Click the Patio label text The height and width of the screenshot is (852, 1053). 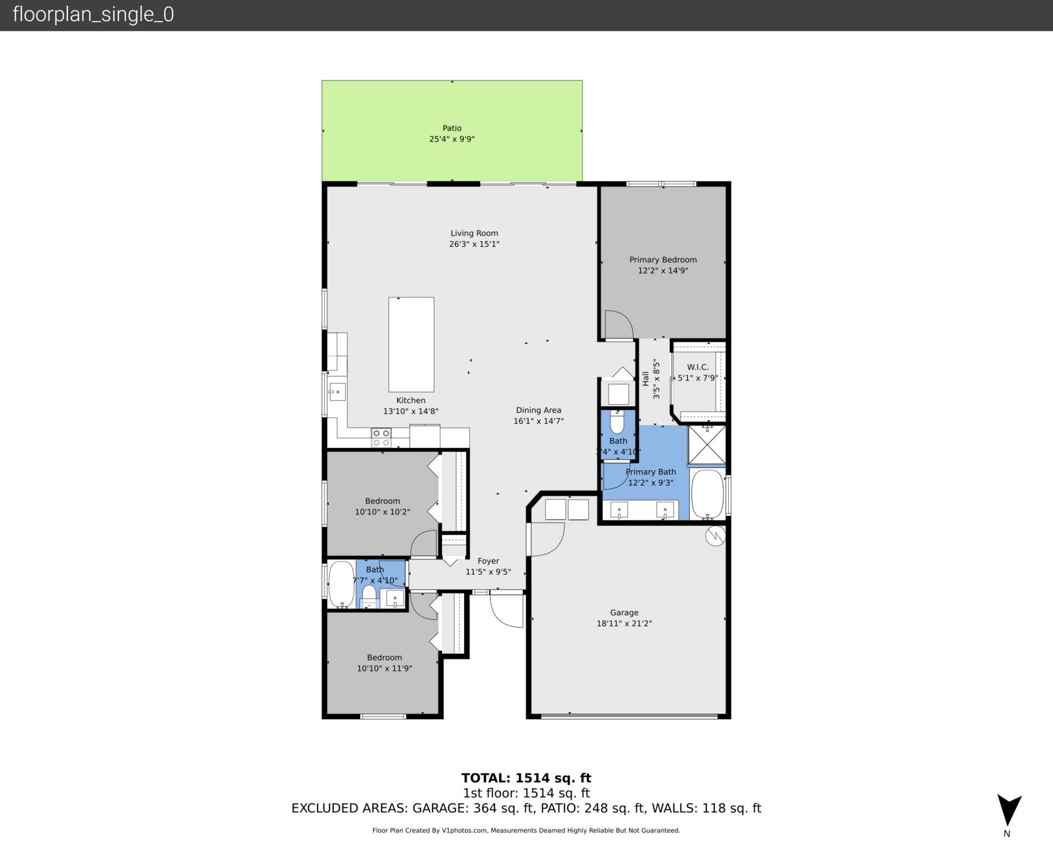[x=452, y=128]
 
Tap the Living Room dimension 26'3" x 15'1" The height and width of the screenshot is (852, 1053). [x=474, y=244]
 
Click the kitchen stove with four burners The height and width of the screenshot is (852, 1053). [x=381, y=438]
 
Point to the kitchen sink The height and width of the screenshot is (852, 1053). [x=337, y=392]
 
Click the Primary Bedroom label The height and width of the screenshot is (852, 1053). [x=663, y=260]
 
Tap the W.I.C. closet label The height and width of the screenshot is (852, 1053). [x=697, y=367]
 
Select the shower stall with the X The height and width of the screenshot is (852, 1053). [x=707, y=444]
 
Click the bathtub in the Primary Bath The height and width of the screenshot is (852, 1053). [x=707, y=495]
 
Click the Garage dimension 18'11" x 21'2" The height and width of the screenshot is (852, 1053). [x=624, y=624]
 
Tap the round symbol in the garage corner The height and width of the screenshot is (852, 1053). [x=715, y=536]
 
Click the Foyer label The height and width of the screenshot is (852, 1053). [x=488, y=561]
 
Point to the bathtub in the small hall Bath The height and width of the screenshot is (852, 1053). [x=341, y=584]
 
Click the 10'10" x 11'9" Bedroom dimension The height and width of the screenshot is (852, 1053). [x=384, y=669]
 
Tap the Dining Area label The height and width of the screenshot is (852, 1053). [x=538, y=410]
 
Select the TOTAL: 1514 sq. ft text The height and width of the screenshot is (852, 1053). [x=526, y=778]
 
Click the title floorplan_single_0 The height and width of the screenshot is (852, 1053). [x=93, y=15]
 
